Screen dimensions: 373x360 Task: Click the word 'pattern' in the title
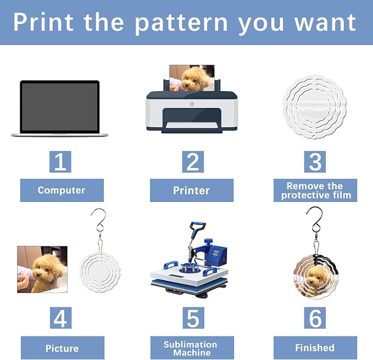(181, 23)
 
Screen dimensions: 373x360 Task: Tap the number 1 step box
(60, 161)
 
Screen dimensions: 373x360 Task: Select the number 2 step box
(193, 161)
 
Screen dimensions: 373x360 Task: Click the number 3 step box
(315, 161)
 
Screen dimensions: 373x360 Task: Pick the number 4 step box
(60, 318)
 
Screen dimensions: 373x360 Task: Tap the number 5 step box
(193, 318)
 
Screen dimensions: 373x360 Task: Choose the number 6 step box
(315, 318)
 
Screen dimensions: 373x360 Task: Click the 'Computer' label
(62, 190)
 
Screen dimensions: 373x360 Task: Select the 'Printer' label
(192, 190)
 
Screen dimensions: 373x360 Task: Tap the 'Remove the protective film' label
(315, 190)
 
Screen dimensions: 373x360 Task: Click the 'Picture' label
(62, 347)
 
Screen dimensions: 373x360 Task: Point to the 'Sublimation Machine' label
(192, 347)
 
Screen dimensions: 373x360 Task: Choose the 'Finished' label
(315, 347)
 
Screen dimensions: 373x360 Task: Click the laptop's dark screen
(59, 107)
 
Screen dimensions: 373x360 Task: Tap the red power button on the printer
(192, 104)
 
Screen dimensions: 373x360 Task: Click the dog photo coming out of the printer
(192, 78)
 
